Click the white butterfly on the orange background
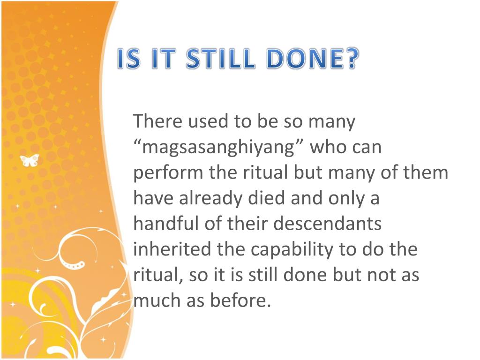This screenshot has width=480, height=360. [x=30, y=160]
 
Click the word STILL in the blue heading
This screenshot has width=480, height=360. [x=220, y=59]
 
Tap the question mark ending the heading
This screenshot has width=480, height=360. [x=352, y=59]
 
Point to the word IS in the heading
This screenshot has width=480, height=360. [x=129, y=59]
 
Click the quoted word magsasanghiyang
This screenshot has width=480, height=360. [x=218, y=148]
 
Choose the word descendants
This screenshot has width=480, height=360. [x=327, y=223]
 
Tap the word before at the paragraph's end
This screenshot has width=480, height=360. [x=240, y=300]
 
